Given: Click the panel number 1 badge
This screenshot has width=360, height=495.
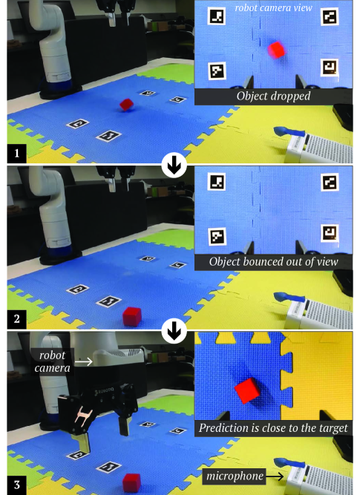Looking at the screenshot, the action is [17, 153].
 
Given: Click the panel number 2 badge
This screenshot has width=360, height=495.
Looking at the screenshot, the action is [17, 319].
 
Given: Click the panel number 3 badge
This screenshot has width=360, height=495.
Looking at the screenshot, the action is [17, 485].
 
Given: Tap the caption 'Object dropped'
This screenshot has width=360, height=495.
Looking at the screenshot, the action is [273, 96].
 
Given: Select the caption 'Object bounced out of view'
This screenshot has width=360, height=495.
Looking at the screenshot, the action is [273, 262].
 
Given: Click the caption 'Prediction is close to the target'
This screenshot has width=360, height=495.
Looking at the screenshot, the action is [273, 428].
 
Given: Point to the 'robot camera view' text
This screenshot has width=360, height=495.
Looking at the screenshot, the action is [273, 7].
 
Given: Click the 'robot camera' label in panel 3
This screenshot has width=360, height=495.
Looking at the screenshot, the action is [53, 361].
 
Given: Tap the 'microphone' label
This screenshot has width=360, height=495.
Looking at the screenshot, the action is [235, 476].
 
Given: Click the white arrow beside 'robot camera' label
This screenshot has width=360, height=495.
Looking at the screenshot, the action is [84, 361].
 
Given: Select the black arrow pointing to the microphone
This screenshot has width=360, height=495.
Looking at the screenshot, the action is [275, 476].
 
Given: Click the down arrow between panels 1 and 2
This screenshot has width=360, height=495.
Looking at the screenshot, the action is [174, 165].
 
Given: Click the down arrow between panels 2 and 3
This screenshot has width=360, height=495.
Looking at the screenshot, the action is [174, 331].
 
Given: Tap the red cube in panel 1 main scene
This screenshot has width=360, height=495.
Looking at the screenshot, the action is [126, 104].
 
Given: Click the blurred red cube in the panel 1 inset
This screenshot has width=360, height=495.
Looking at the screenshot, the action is [277, 50].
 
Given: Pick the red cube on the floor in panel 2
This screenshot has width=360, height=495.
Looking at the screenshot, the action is [132, 317].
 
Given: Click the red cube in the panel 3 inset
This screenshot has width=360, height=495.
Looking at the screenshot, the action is [247, 390].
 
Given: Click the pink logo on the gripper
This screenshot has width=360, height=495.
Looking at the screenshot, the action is [83, 415].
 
